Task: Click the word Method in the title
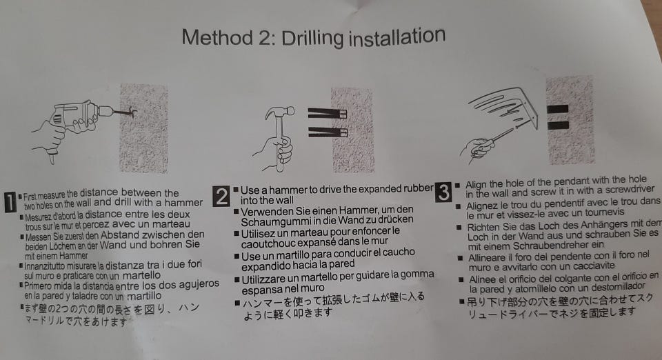217,37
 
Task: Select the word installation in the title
397,37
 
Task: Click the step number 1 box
10,202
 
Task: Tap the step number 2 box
221,197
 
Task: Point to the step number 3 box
443,192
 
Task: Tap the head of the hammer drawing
279,112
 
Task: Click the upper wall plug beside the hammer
327,114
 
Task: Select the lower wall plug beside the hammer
327,132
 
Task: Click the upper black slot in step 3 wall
557,109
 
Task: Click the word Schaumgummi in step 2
275,221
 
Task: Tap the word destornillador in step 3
607,287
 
